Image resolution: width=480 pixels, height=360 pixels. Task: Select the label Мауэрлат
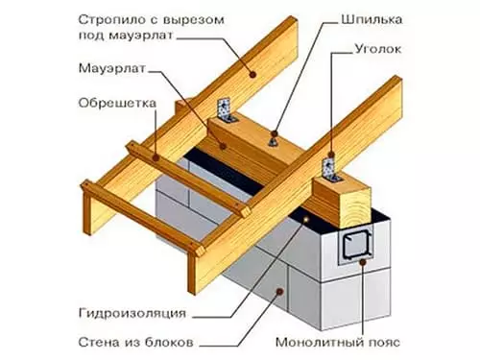click(x=108, y=70)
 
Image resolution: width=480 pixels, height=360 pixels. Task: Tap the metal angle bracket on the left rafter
click(x=228, y=113)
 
